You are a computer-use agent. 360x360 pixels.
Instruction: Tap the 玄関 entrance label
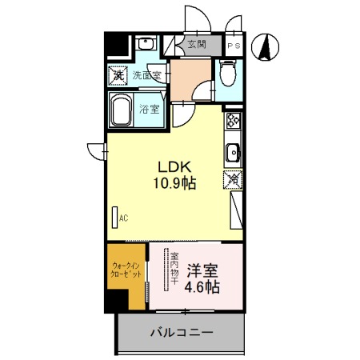196,46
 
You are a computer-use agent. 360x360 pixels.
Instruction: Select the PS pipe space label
234,46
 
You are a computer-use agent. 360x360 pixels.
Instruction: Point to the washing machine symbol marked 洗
118,76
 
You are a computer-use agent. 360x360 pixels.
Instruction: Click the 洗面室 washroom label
147,76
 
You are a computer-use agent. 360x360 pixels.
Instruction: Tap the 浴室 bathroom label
149,109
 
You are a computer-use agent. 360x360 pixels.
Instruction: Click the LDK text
173,167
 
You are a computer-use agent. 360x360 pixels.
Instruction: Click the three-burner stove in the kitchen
234,121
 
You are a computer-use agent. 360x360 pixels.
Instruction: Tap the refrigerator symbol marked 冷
234,181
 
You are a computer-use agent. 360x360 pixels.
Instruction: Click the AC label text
124,217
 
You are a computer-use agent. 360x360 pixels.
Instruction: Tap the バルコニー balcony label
182,332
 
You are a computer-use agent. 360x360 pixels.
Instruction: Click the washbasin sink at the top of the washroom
144,44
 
